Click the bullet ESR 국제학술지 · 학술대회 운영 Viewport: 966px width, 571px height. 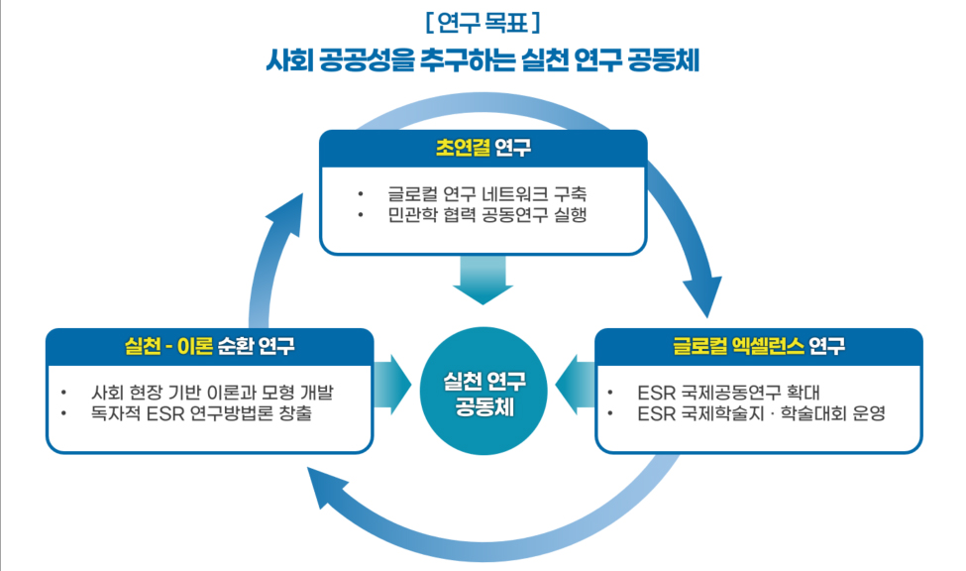coord(762,412)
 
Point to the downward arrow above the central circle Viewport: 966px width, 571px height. coord(483,280)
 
